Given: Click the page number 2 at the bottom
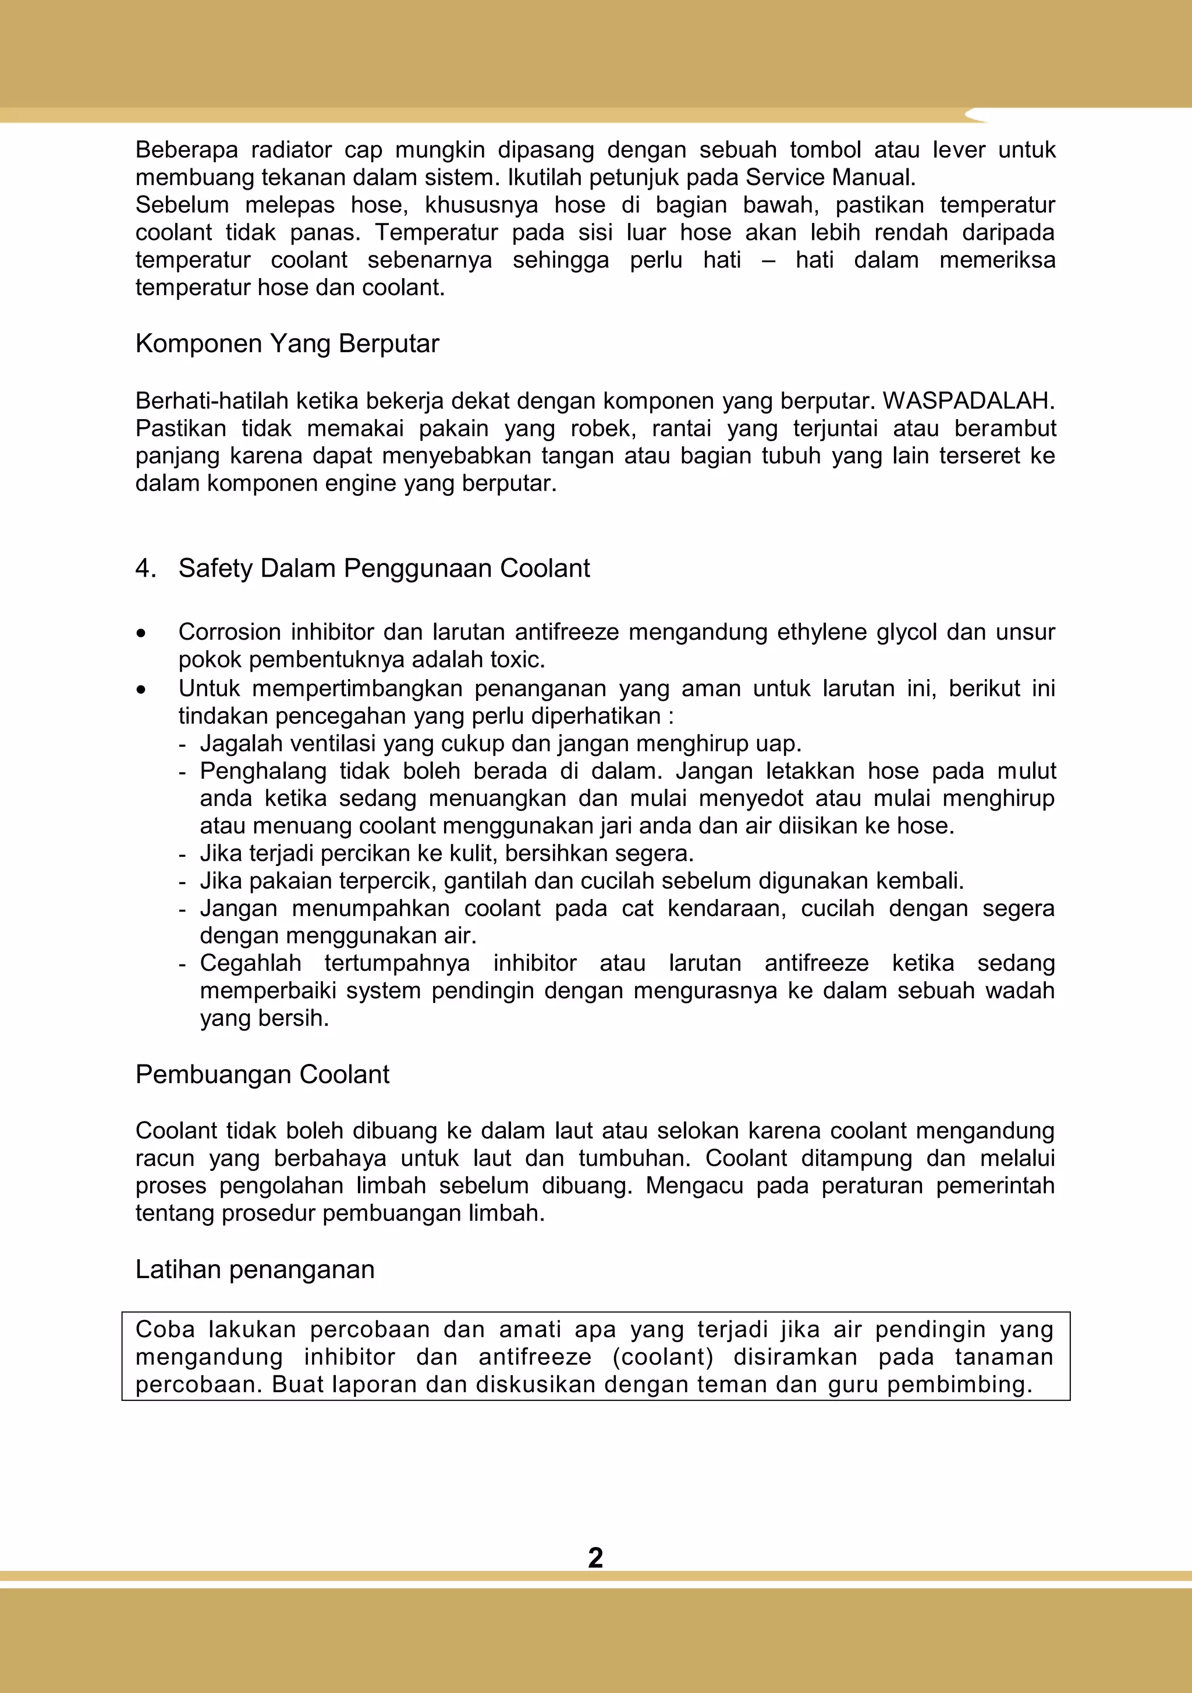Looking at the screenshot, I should [595, 1557].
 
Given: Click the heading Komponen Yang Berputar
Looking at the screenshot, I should [287, 343].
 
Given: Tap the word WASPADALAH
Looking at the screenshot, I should [968, 400].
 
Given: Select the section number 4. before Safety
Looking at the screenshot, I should [146, 569].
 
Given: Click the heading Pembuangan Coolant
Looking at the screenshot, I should [262, 1074].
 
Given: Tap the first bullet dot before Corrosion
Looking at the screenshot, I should [141, 633].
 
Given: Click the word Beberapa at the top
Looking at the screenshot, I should [187, 150].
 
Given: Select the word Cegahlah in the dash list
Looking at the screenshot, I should [250, 963].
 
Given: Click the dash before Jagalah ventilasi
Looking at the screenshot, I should [182, 744].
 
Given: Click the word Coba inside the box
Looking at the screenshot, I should [165, 1329].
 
